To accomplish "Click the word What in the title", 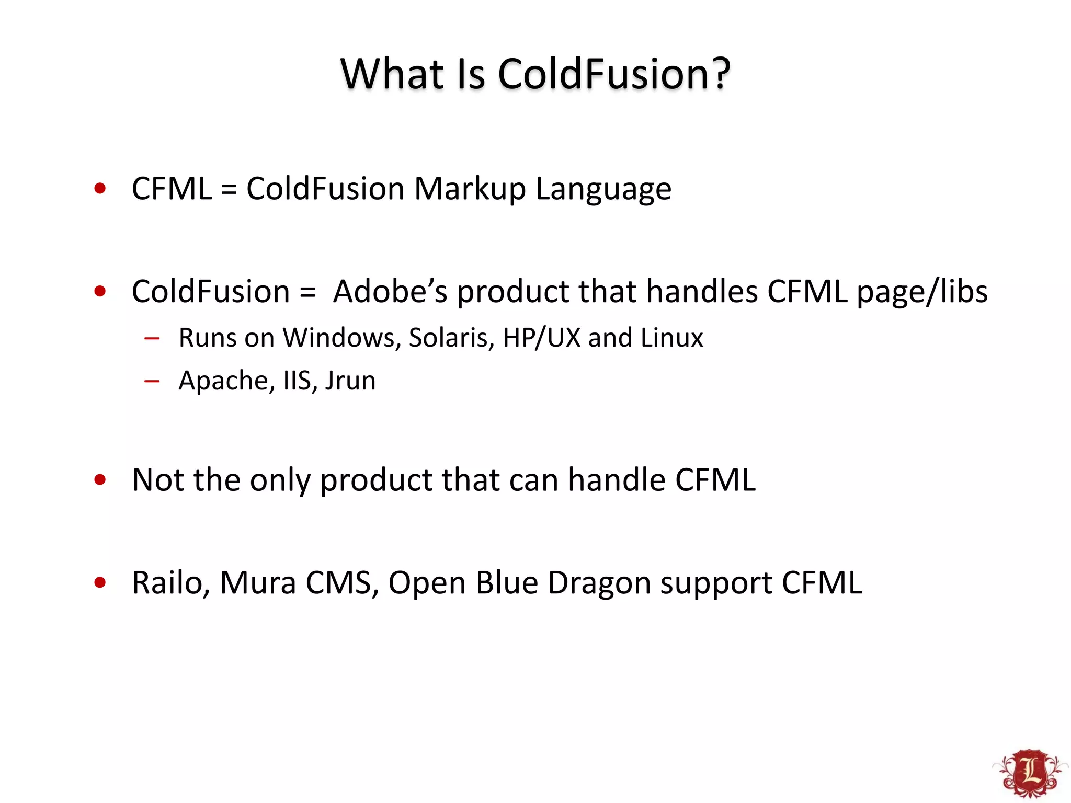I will coord(392,74).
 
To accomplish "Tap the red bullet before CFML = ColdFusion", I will coord(100,188).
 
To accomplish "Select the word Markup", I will coord(470,189).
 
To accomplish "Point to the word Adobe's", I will coord(390,291).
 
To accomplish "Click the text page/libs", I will coord(922,292).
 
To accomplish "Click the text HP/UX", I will coord(541,338).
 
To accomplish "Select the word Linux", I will coord(671,338).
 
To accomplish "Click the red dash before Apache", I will coord(152,381).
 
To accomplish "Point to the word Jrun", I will coord(350,381).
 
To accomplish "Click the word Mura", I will coord(257,583).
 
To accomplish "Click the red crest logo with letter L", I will coord(1030,772).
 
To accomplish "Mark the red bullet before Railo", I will coord(100,582).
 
